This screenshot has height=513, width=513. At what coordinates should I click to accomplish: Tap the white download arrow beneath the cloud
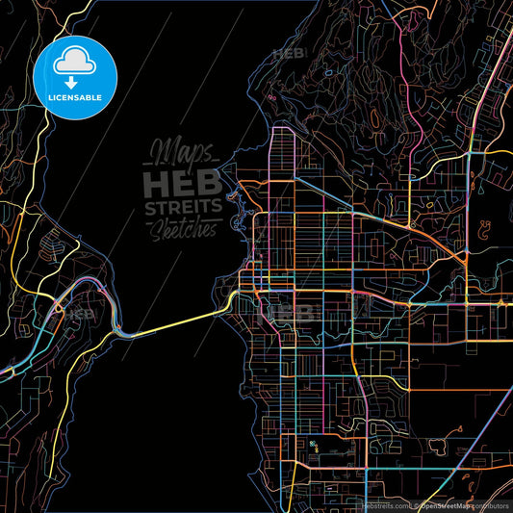coord(74,82)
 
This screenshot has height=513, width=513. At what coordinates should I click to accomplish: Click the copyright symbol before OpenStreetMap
coord(417,505)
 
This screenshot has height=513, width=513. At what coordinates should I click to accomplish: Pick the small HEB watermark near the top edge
coord(288,54)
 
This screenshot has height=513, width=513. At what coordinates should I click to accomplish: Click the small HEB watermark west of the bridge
coord(79,312)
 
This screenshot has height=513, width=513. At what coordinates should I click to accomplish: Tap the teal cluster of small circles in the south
coord(313,445)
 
